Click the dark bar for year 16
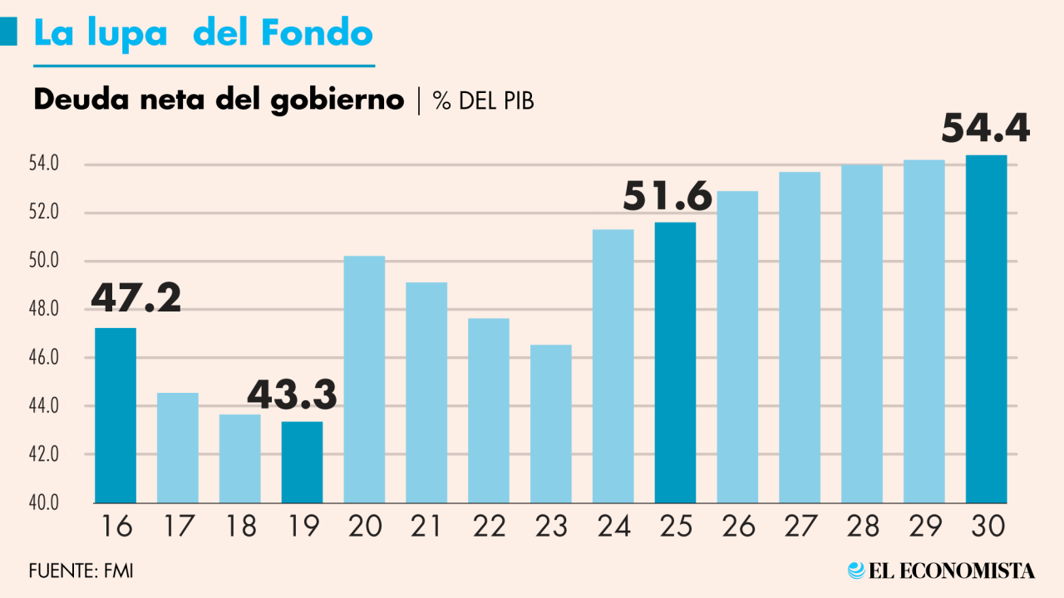tap(116, 415)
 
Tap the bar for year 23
tap(550, 424)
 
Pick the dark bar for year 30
tap(986, 329)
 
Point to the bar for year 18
tap(240, 458)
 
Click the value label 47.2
tap(135, 298)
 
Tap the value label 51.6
tap(667, 197)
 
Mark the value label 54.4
tap(985, 129)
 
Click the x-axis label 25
tap(675, 527)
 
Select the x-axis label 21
tap(426, 527)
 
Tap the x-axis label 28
tap(861, 527)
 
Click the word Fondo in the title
tap(316, 33)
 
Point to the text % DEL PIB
tap(483, 101)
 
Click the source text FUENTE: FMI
tap(81, 571)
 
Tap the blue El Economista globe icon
tap(856, 571)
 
